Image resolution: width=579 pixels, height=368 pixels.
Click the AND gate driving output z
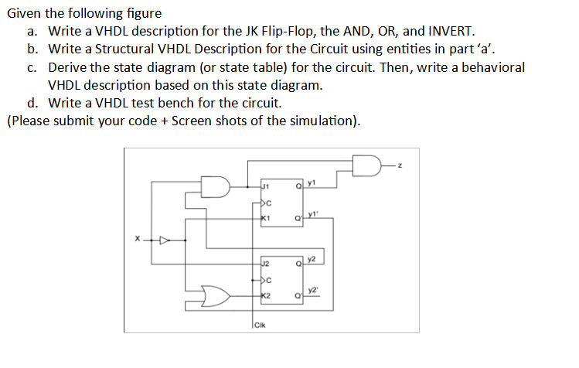(x=366, y=165)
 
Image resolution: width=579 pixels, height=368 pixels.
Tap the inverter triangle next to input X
(x=163, y=240)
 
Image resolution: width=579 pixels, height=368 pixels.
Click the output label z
(x=402, y=165)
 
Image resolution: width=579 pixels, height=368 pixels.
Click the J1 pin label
(x=265, y=186)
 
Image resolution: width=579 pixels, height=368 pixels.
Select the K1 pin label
(x=265, y=219)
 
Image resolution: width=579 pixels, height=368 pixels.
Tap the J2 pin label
(x=265, y=264)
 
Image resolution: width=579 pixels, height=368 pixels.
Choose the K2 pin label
(x=265, y=296)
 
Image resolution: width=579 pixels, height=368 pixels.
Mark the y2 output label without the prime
(x=312, y=258)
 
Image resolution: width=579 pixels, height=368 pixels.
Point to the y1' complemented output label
(x=312, y=214)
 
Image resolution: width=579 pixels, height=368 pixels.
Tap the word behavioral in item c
(x=494, y=67)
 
